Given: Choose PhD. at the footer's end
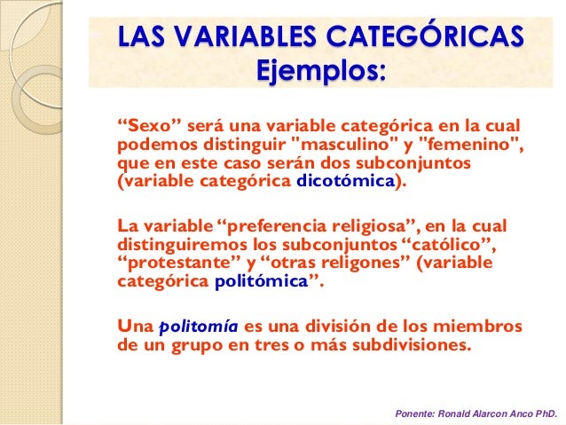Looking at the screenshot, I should coord(543,413).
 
